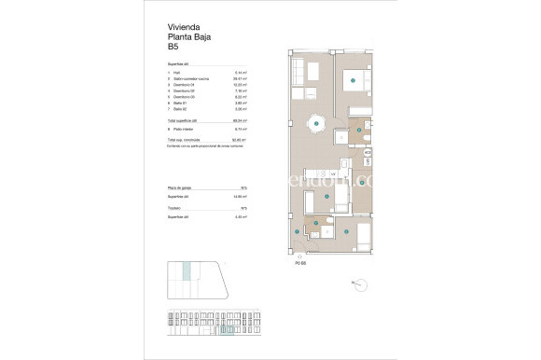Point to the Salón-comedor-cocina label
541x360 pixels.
[x=190, y=79]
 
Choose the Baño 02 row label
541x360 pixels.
[x=179, y=109]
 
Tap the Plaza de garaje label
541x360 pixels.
[x=180, y=189]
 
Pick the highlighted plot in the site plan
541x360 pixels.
[x=187, y=271]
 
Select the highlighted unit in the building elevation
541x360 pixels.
[x=223, y=329]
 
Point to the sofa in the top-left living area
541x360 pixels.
[x=298, y=72]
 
